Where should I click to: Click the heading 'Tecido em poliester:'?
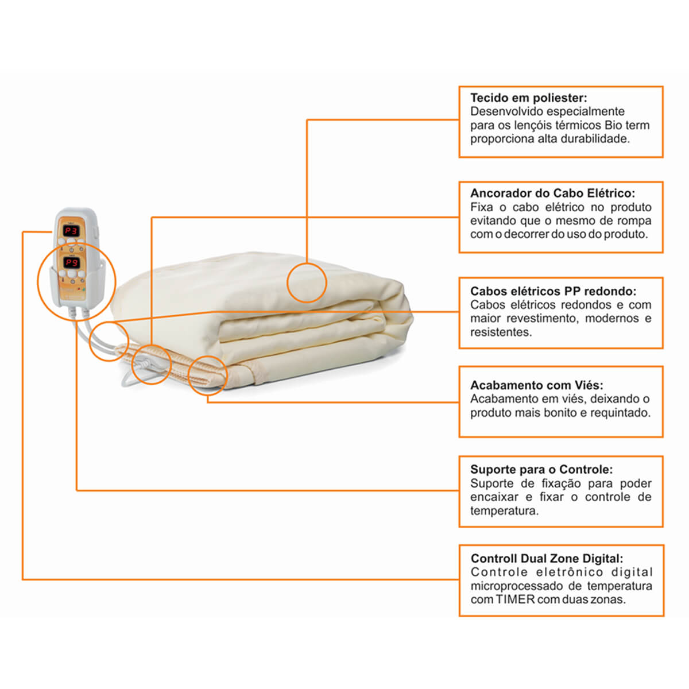(528, 98)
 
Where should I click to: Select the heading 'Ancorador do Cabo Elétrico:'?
(552, 193)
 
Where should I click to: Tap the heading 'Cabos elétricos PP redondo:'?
(553, 291)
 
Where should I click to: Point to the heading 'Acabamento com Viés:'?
(537, 385)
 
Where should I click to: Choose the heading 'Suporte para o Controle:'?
(541, 469)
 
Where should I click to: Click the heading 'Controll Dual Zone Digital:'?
(547, 558)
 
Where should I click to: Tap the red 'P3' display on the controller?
(71, 231)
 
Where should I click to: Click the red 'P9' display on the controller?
(72, 263)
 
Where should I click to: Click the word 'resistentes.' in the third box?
(501, 332)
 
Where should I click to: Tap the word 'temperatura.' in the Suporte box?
(504, 511)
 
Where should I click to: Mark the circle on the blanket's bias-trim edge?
(188, 376)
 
